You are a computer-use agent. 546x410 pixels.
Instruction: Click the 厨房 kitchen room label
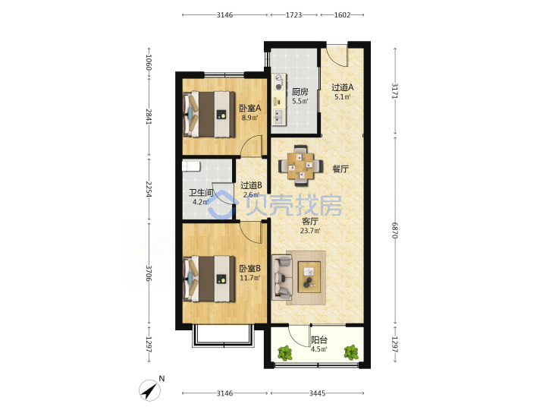(x=300, y=92)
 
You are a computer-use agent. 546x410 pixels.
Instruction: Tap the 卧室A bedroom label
(x=249, y=109)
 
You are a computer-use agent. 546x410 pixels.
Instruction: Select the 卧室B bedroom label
(x=249, y=269)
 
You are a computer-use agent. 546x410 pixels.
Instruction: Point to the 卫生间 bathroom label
(x=201, y=193)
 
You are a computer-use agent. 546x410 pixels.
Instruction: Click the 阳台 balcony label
(x=319, y=340)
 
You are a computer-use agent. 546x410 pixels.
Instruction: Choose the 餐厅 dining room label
(x=340, y=169)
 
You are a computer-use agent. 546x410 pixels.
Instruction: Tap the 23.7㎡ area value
(x=310, y=231)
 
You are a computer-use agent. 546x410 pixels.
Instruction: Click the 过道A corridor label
(x=342, y=87)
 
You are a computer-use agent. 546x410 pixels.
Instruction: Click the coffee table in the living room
(x=309, y=277)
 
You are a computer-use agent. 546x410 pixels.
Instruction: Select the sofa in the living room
(x=282, y=278)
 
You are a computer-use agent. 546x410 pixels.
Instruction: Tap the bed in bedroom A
(x=209, y=114)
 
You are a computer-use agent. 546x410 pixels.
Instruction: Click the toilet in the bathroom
(x=191, y=166)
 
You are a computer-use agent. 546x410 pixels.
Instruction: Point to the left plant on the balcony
(x=285, y=353)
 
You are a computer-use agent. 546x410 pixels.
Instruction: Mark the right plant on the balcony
(x=351, y=352)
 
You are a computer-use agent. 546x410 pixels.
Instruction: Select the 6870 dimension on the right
(x=395, y=231)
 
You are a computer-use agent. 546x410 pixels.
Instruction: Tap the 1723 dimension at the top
(x=294, y=15)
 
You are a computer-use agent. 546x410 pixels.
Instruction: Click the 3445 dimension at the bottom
(x=317, y=393)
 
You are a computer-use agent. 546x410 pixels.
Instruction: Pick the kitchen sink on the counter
(x=279, y=117)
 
